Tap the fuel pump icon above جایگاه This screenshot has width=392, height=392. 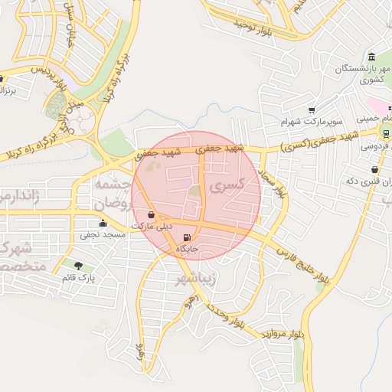tap(188, 237)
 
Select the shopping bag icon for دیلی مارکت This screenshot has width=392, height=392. tap(151, 215)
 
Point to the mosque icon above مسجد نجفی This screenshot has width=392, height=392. tap(103, 224)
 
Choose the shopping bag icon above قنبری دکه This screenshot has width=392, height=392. tap(374, 169)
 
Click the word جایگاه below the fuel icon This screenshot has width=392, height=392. tap(188, 250)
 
